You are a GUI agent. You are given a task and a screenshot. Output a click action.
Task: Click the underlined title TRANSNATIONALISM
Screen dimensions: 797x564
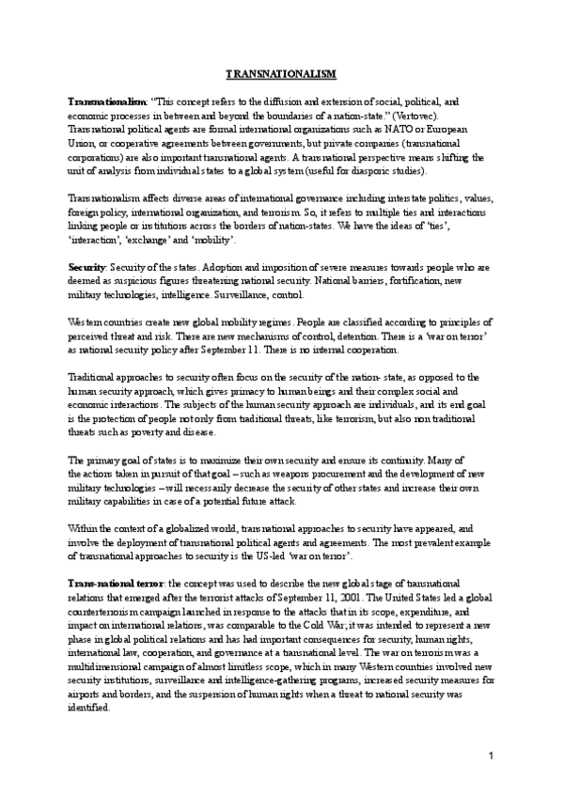(x=281, y=73)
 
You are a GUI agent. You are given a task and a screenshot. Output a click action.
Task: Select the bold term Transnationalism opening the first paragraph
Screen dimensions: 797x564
(x=106, y=100)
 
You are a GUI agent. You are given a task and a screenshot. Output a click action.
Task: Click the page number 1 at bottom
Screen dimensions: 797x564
(x=491, y=757)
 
